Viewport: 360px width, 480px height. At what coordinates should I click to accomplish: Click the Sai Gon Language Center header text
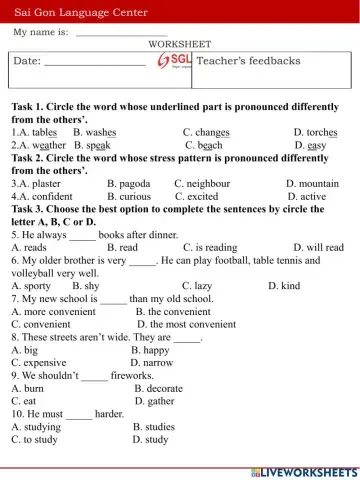(x=80, y=13)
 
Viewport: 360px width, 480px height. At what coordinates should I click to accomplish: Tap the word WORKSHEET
(x=179, y=44)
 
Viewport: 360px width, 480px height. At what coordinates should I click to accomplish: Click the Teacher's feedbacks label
(x=248, y=61)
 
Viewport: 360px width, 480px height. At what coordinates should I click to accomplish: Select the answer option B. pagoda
(x=128, y=184)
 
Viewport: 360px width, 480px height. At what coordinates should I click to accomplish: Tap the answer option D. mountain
(x=312, y=184)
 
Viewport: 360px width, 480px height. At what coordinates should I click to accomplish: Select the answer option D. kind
(x=284, y=286)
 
